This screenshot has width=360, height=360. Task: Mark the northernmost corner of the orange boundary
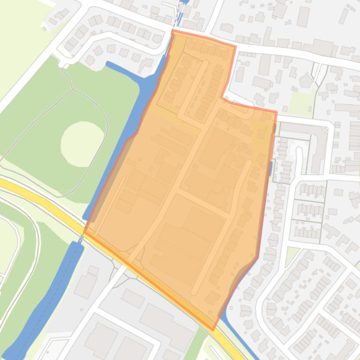pyautogui.click(x=173, y=31)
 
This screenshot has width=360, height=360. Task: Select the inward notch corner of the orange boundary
pyautogui.click(x=221, y=97)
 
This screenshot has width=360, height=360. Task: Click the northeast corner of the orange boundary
pyautogui.click(x=276, y=112)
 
